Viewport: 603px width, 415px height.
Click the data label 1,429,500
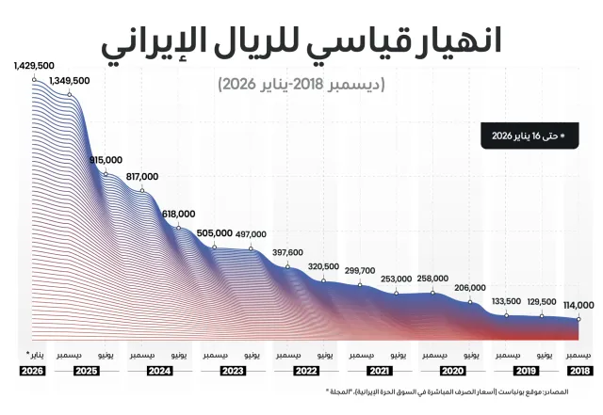coord(35,66)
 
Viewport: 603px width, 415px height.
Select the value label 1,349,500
coord(69,81)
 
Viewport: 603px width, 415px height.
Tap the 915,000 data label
coord(106,160)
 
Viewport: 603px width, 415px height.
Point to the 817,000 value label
coord(141,176)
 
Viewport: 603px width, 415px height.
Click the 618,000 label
coord(178,214)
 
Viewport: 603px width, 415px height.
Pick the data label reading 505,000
coord(214,233)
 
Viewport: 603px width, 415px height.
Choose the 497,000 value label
coord(251,234)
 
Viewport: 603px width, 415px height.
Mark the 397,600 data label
coord(287,252)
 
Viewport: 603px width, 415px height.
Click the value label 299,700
coord(360,271)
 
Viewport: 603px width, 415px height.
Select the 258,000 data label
coord(432,279)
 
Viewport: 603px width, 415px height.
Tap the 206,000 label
coord(470,288)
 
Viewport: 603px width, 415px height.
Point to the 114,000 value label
coord(579,305)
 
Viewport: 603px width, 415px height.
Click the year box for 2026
coord(32,371)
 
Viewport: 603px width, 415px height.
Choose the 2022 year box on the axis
coord(305,371)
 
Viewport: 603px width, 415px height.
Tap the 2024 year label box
coord(159,371)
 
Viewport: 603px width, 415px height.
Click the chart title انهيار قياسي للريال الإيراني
coord(301,39)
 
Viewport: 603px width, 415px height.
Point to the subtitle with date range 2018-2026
coord(301,84)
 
